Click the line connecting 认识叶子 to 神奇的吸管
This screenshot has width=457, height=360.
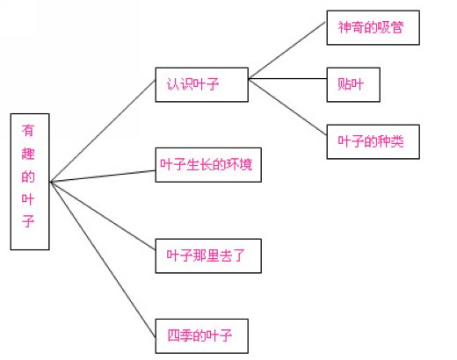click(287, 50)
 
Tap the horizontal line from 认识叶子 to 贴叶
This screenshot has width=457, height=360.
click(287, 79)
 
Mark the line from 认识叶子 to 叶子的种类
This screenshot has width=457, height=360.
click(287, 107)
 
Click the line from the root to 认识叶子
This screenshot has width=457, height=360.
click(103, 131)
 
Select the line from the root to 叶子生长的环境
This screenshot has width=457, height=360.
click(103, 176)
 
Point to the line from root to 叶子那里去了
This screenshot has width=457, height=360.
click(103, 216)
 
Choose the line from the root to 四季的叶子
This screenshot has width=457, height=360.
click(103, 259)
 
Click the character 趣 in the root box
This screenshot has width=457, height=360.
click(28, 154)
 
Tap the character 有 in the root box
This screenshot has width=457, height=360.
click(28, 131)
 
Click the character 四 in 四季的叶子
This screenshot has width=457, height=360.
click(173, 335)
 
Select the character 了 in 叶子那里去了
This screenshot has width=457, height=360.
click(238, 256)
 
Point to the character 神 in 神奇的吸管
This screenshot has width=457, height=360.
click(345, 27)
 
